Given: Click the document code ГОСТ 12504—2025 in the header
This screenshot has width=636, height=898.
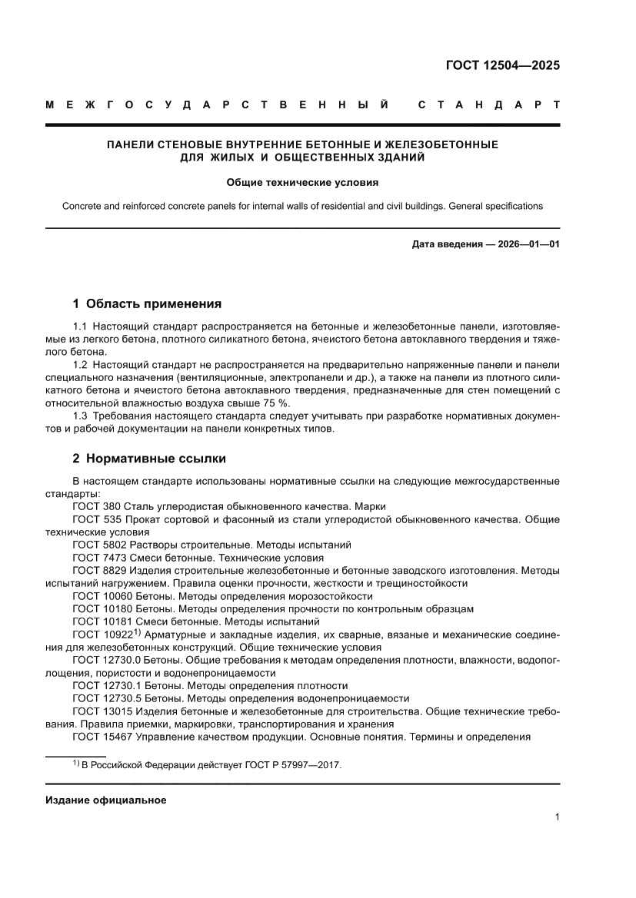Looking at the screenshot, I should pos(503,65).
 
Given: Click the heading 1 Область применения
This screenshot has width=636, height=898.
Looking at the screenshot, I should pos(147,303).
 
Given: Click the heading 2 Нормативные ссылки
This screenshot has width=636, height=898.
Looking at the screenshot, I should pos(149,459).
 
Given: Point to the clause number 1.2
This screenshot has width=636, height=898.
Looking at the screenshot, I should pos(81,365).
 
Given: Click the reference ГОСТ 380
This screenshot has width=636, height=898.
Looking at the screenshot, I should pos(98,506).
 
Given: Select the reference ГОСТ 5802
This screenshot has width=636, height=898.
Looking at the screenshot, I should pos(102,544).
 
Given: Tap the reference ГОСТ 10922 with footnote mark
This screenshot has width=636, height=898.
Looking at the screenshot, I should pos(106,635).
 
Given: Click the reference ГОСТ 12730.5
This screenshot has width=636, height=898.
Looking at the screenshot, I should pos(108,698).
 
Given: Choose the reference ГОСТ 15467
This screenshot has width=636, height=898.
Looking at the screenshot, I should pos(105,737).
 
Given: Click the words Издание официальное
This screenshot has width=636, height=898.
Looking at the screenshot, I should pos(105,800).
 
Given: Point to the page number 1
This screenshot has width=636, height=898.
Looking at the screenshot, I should pos(556,818).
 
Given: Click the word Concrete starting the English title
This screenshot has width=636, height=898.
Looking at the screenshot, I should pos(82,206).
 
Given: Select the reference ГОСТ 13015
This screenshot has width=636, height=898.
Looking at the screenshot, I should pos(105,711).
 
